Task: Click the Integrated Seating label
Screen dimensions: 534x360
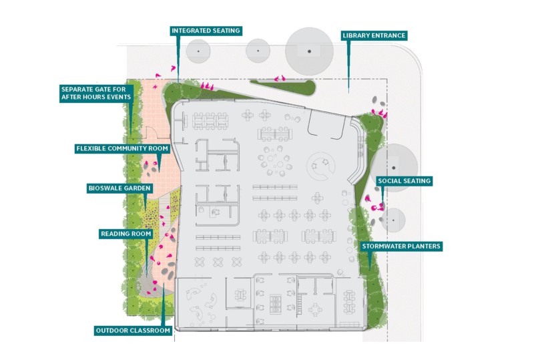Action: tap(206, 31)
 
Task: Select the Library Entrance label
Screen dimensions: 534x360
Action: tap(374, 35)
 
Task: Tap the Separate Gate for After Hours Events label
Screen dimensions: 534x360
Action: tap(96, 93)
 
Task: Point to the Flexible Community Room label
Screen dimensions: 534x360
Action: tap(122, 149)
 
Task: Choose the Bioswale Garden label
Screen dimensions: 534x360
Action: tap(119, 188)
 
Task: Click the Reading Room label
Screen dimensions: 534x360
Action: tap(126, 234)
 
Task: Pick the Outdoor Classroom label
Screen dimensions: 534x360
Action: tap(133, 331)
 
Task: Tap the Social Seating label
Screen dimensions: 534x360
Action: tap(405, 181)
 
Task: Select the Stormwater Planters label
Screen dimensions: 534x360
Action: tap(401, 246)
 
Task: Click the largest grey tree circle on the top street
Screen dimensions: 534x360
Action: tap(309, 51)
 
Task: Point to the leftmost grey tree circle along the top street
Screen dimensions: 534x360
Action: tap(198, 51)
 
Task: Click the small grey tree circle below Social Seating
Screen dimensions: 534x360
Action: tap(393, 220)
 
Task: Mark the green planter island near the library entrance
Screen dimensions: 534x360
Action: tap(283, 87)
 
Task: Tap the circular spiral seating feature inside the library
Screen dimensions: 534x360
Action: tap(321, 166)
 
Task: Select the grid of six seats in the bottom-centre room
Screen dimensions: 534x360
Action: tap(276, 304)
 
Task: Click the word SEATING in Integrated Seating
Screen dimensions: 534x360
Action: tap(224, 31)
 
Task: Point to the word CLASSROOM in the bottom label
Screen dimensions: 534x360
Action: tap(151, 331)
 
